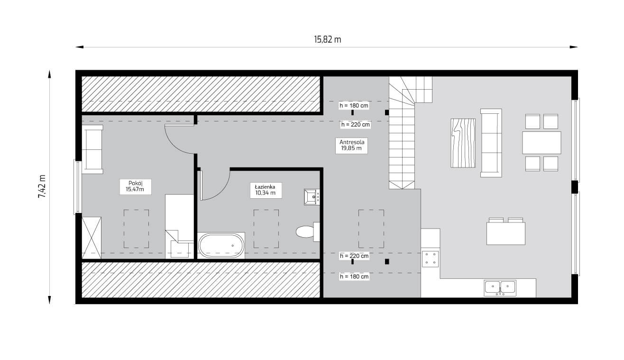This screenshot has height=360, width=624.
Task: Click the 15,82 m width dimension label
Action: [328, 39]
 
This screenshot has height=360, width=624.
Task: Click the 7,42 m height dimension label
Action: [42, 186]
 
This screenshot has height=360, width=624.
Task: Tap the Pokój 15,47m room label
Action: [136, 186]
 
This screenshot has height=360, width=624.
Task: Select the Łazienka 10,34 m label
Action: [266, 190]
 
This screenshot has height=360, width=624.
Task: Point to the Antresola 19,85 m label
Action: [351, 145]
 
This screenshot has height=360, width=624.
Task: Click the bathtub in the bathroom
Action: [221, 246]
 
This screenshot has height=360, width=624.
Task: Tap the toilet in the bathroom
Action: [308, 232]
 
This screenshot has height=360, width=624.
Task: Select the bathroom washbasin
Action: [312, 197]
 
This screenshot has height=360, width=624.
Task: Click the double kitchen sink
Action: [500, 288]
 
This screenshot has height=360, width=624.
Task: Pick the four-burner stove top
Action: [430, 259]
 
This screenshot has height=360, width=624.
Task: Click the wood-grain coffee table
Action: [463, 143]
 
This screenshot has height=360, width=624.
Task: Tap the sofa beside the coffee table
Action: [491, 143]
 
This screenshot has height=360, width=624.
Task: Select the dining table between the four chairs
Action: [541, 142]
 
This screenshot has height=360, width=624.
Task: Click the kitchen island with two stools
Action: [506, 233]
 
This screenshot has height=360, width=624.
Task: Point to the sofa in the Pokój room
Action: [92, 149]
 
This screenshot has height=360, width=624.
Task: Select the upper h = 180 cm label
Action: [354, 106]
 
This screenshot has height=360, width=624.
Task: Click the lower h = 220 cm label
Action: [354, 256]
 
